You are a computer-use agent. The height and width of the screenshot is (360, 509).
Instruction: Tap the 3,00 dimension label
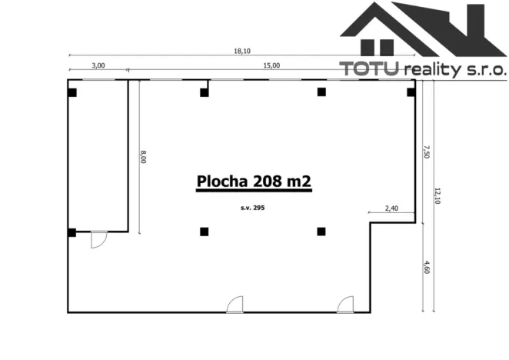(x=98, y=66)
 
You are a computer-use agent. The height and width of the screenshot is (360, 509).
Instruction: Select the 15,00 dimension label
(x=271, y=66)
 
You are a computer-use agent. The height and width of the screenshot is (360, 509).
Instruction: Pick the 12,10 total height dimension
(x=437, y=196)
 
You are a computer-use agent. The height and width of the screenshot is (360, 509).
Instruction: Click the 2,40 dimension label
(x=391, y=209)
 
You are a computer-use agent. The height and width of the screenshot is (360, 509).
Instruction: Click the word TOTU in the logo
(x=371, y=69)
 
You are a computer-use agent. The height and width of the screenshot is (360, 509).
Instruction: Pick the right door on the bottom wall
(x=344, y=305)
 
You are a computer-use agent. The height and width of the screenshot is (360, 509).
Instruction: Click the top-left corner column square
(x=72, y=92)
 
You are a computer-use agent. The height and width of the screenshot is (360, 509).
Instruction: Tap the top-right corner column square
(x=411, y=92)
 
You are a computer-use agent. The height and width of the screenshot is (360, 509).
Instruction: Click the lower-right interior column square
(x=321, y=231)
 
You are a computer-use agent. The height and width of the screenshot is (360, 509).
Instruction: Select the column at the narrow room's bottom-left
(x=72, y=232)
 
